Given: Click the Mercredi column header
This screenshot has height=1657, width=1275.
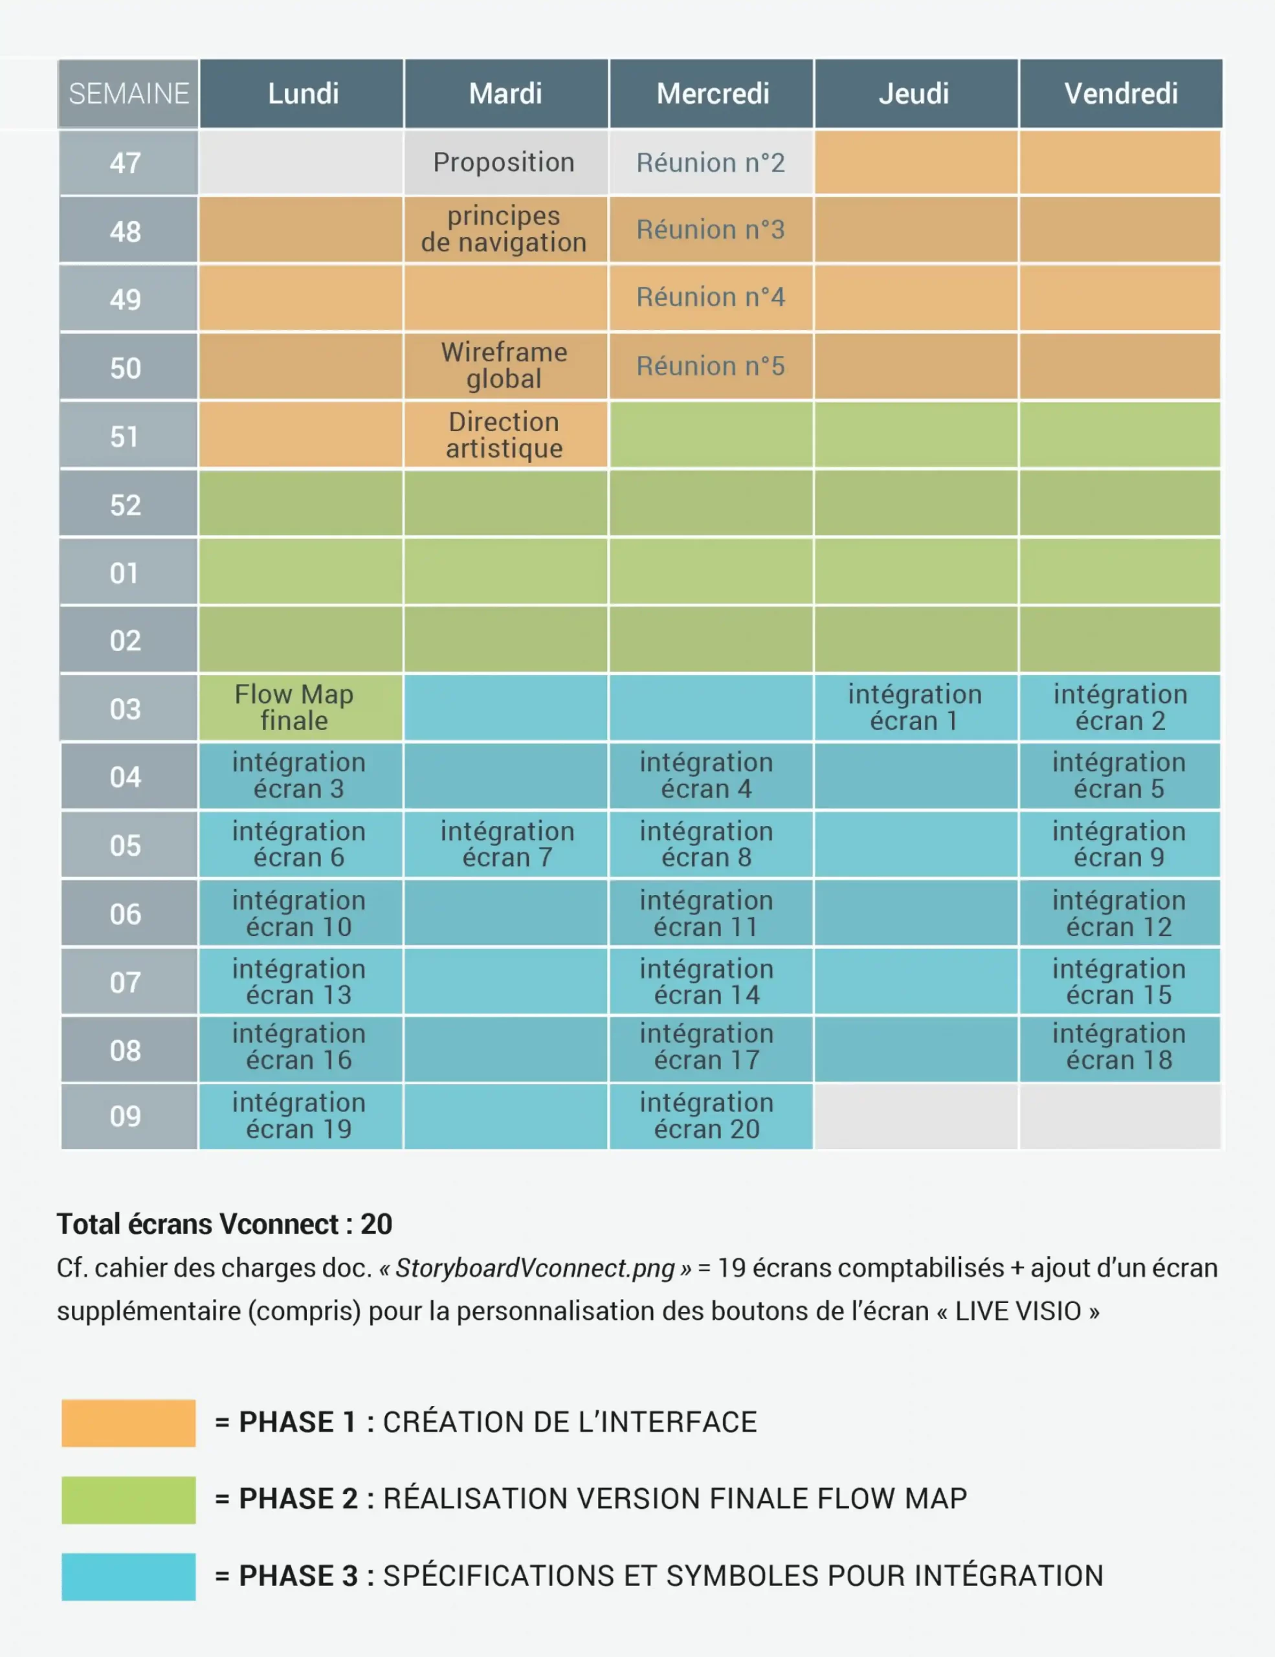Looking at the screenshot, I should tap(711, 94).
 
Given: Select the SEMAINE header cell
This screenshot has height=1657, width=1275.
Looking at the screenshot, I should tap(128, 94).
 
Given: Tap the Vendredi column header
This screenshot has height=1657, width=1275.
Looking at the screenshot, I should tap(1120, 94).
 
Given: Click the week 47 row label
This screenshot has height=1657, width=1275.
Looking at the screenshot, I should tap(126, 163).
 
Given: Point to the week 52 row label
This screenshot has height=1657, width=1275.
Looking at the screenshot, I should tap(126, 506).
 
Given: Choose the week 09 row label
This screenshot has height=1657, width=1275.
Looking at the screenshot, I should tap(126, 1116).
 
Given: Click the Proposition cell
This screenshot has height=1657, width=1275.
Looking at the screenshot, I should tap(504, 162).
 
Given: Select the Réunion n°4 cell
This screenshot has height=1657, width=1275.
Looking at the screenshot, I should tap(711, 297).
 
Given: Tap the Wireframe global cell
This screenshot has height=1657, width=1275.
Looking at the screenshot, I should tap(504, 366).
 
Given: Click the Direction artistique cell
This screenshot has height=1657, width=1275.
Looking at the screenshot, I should tap(504, 435).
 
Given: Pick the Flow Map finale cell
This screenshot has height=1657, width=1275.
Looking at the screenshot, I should tap(295, 707).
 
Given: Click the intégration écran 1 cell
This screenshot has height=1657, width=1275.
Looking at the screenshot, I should tap(915, 707).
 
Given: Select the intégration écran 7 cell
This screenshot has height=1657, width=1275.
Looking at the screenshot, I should tap(507, 845).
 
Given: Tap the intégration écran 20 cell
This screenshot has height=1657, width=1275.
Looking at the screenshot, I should tap(707, 1116).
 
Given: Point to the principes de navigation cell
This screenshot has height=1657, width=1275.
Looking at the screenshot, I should tap(504, 229).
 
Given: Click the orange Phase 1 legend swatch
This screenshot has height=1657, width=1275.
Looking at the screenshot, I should tap(128, 1423).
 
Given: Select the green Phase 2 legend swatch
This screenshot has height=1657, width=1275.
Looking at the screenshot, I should tap(128, 1500).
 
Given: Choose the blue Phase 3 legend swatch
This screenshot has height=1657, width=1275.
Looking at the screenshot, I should tap(128, 1577).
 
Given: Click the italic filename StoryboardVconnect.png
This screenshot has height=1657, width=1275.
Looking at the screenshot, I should tap(535, 1268).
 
